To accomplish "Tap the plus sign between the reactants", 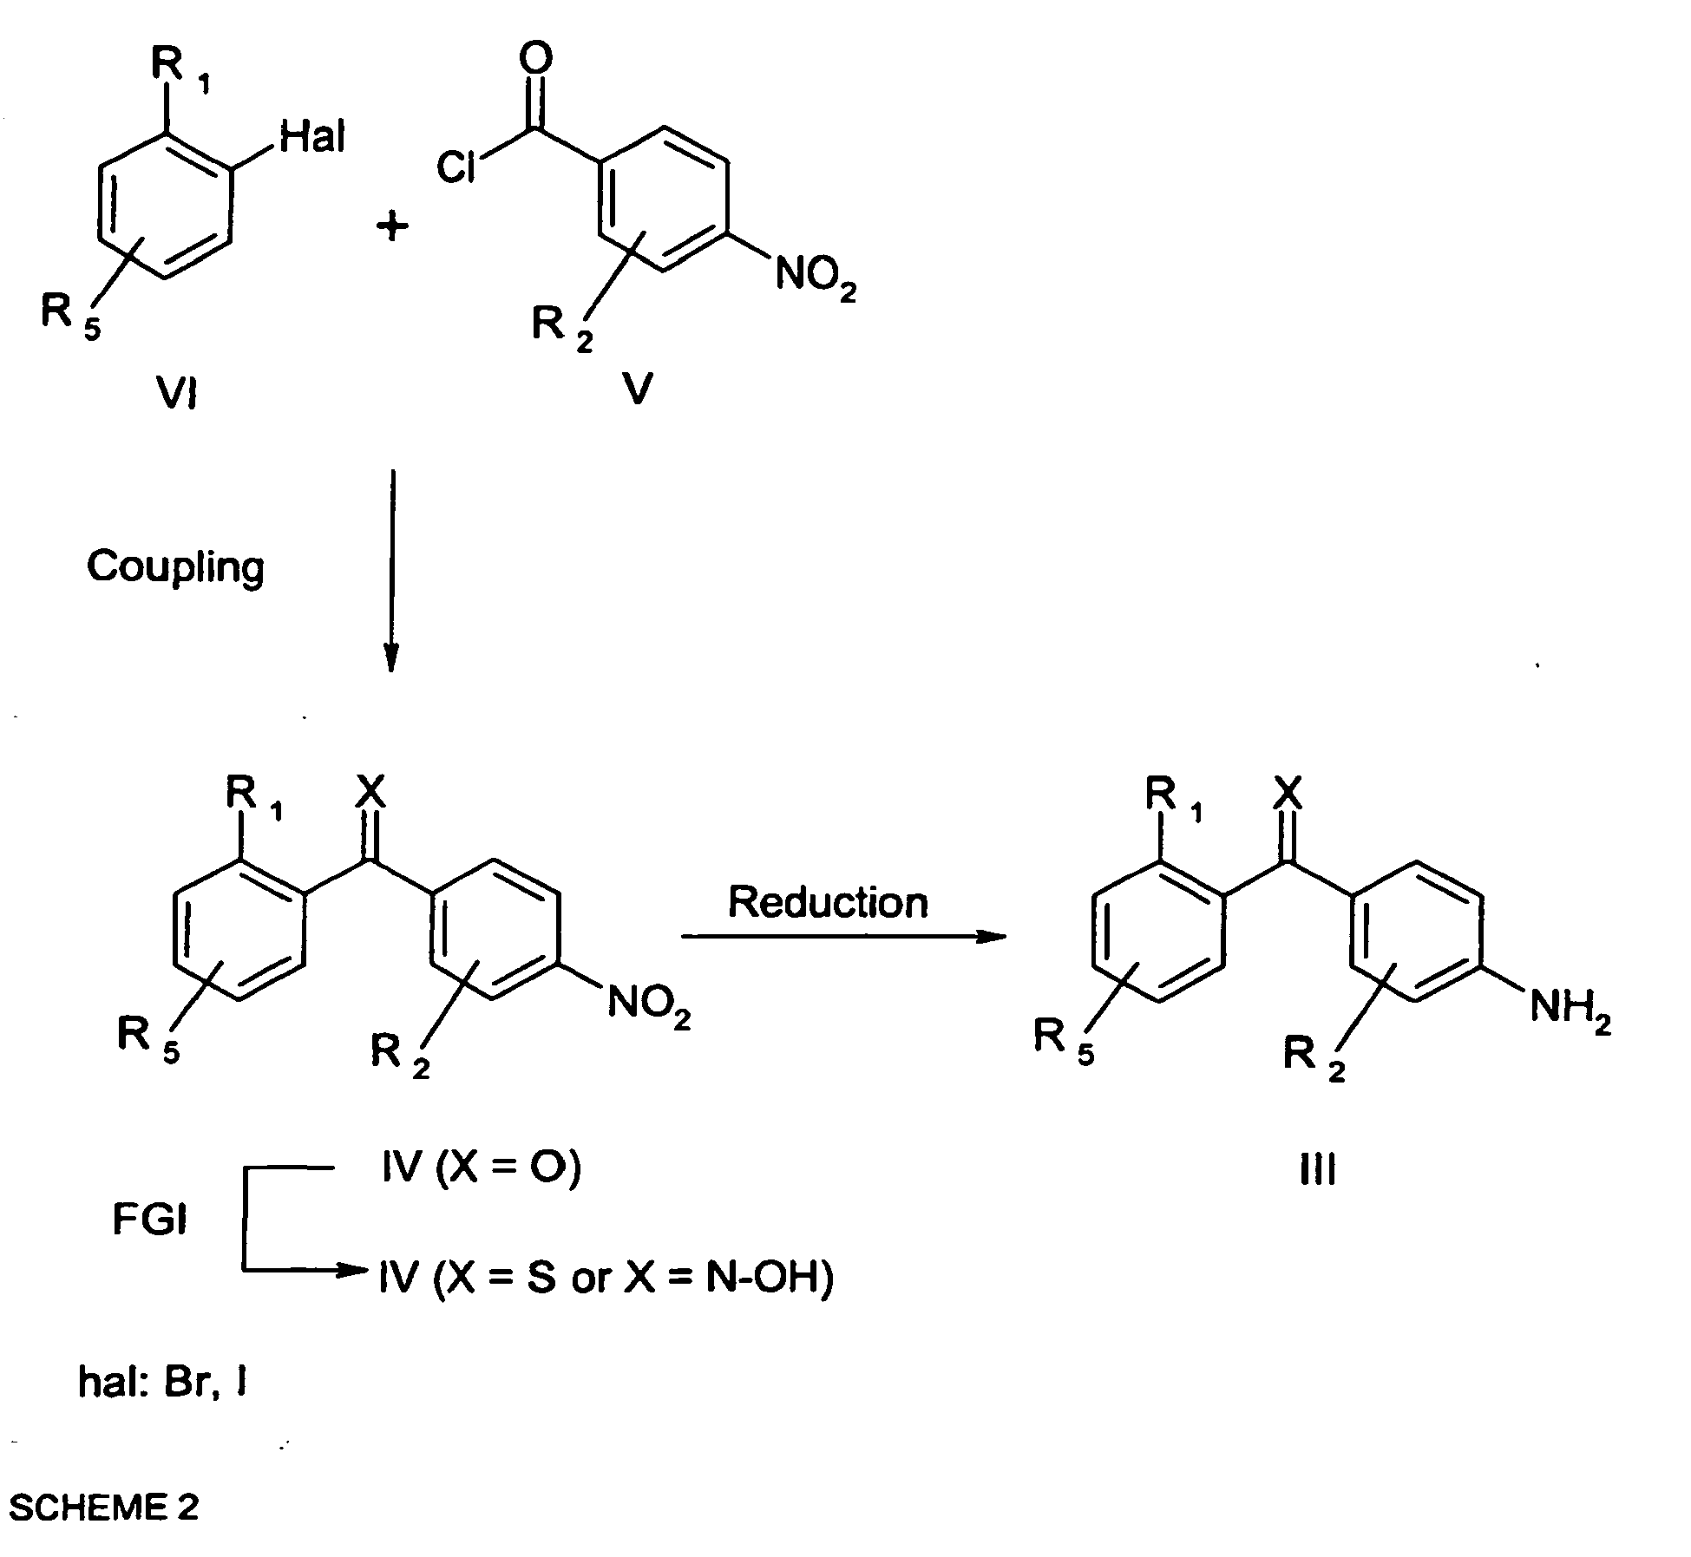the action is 392,227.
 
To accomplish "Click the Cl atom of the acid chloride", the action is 457,168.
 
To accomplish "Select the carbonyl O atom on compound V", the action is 535,59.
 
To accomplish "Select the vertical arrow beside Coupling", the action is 392,571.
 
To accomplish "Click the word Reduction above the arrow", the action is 828,902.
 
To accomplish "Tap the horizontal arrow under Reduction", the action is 843,937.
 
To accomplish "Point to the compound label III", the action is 1318,1172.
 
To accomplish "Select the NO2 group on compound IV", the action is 649,1006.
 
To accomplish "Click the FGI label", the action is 149,1220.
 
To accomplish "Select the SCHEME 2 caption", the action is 104,1508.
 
